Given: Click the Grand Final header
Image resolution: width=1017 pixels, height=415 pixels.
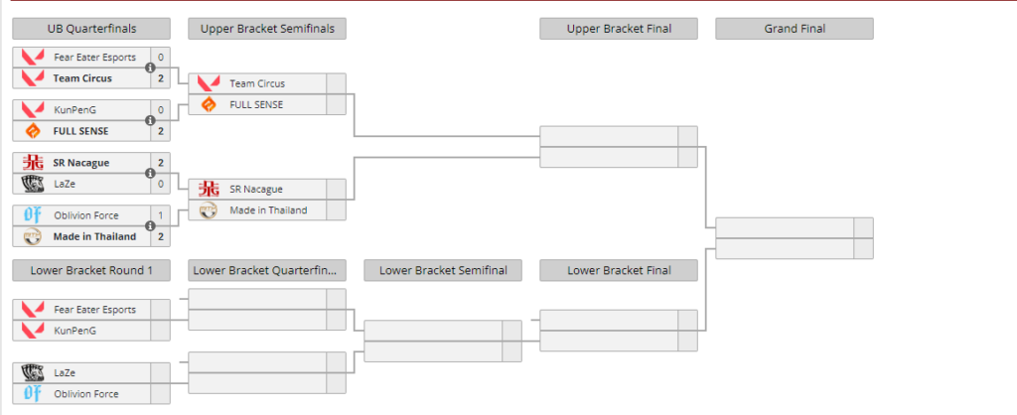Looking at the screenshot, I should pyautogui.click(x=794, y=29).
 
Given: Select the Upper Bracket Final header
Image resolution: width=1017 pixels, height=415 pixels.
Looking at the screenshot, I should pyautogui.click(x=618, y=29).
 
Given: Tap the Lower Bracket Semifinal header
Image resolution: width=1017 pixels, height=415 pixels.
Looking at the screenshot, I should pyautogui.click(x=443, y=270).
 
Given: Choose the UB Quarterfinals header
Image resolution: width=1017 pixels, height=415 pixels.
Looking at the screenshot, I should pyautogui.click(x=91, y=29).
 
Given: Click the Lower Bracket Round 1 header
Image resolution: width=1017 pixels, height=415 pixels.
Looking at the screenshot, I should pyautogui.click(x=91, y=270).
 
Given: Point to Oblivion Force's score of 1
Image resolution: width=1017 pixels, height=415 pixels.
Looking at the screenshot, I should pyautogui.click(x=160, y=215).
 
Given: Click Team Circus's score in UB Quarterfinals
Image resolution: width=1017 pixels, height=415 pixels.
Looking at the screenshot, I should pyautogui.click(x=160, y=78).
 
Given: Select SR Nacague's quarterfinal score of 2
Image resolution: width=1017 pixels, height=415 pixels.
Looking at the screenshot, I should pyautogui.click(x=160, y=163).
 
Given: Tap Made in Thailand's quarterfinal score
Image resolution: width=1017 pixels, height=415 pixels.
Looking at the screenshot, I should pyautogui.click(x=160, y=236).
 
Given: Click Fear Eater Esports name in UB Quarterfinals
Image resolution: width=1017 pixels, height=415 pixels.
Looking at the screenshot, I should pyautogui.click(x=94, y=58).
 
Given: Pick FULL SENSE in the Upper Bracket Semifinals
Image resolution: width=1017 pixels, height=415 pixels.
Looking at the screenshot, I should pyautogui.click(x=256, y=104).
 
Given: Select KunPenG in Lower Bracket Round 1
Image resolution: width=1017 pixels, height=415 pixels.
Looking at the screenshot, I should pyautogui.click(x=74, y=330).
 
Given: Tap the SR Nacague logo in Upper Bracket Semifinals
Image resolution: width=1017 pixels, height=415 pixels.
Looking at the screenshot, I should pyautogui.click(x=209, y=189).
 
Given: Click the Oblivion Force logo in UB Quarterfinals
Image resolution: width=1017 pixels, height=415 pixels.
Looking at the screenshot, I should pyautogui.click(x=33, y=215).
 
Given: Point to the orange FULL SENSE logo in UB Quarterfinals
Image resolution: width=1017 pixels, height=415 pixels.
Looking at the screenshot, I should pyautogui.click(x=33, y=131).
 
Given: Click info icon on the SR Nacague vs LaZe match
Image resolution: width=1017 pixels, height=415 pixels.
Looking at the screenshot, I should pyautogui.click(x=150, y=174).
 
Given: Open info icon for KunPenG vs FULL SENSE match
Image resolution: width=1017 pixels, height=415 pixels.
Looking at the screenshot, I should pyautogui.click(x=150, y=121).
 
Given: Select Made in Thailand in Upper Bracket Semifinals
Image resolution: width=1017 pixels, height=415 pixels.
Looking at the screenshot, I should pyautogui.click(x=268, y=209).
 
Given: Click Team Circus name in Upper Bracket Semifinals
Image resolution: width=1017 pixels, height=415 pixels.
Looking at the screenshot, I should pyautogui.click(x=257, y=83).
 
